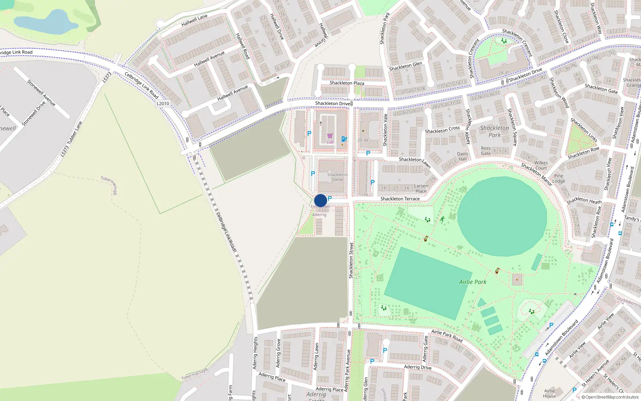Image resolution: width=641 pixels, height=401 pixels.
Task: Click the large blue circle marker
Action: [x=320, y=200]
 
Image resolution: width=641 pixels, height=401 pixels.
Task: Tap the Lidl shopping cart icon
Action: [x=330, y=136]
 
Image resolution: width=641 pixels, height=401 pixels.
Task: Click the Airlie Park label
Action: [x=473, y=282]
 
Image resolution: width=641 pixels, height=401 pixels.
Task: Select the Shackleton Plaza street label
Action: [x=347, y=83]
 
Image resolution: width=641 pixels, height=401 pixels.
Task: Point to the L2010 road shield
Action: [x=163, y=103]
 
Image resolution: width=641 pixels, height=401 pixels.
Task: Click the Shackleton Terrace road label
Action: [x=400, y=199]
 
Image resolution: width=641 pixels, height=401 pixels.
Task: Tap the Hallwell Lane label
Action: [x=194, y=20]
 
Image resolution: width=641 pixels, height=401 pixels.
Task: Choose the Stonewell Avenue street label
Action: [x=41, y=93]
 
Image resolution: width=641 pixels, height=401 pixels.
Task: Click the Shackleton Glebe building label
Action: [x=337, y=177]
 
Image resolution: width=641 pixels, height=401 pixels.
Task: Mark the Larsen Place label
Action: [x=421, y=188]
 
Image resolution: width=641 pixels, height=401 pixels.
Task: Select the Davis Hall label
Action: [x=462, y=156]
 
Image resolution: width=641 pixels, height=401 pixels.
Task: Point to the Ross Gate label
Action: [x=486, y=151]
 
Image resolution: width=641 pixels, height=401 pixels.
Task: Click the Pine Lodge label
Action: [x=558, y=178]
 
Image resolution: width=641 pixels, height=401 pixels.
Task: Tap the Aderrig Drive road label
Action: [x=418, y=367]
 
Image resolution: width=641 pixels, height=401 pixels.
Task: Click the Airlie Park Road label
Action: [x=447, y=335]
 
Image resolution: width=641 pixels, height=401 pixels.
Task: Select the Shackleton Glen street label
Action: [x=405, y=66]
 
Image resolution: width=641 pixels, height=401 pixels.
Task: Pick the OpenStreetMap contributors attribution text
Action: [x=610, y=397]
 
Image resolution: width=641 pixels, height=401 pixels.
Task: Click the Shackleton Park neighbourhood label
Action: [x=494, y=131]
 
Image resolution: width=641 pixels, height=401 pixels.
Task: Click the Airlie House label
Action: [x=549, y=393]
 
